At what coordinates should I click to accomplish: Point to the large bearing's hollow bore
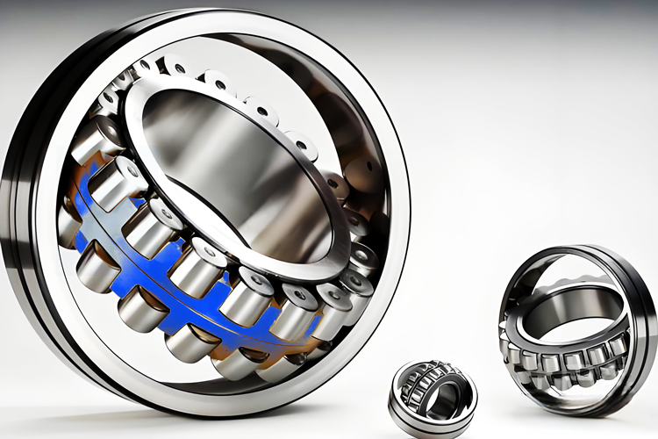pyautogui.click(x=232, y=171)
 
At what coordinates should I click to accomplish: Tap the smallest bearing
pyautogui.click(x=433, y=397)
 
